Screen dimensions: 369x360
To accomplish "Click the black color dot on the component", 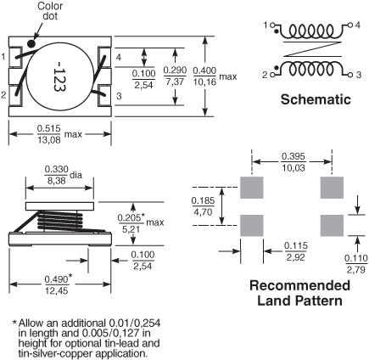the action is click(x=31, y=43).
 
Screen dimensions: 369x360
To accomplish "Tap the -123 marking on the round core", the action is click(x=59, y=76).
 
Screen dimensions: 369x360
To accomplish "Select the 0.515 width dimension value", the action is click(x=49, y=129).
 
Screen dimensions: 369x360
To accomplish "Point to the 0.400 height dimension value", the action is click(x=204, y=70).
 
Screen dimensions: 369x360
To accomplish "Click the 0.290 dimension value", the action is click(x=175, y=70).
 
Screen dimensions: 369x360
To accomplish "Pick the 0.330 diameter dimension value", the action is click(x=57, y=170).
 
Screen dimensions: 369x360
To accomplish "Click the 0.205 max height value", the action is click(x=130, y=217).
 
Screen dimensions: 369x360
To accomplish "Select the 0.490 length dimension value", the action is click(x=57, y=279).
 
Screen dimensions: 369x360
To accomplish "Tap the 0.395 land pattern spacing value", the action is click(x=294, y=156).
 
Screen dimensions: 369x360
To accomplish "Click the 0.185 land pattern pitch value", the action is click(x=203, y=200).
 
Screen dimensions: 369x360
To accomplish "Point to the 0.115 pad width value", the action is click(x=296, y=245).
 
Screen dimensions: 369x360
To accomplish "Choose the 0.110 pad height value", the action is click(x=356, y=258).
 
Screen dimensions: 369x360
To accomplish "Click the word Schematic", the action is click(x=316, y=99).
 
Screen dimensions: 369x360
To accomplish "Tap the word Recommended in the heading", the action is click(x=299, y=285).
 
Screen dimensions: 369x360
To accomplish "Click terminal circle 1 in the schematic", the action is click(x=272, y=25).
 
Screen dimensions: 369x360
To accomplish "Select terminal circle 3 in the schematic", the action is click(x=350, y=75).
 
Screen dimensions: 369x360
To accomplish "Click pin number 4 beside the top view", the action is click(x=119, y=57).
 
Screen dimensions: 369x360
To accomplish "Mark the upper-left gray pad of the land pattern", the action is click(x=252, y=188).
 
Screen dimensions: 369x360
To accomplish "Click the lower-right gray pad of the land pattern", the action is click(x=332, y=226).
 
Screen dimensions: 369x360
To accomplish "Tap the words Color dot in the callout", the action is click(x=50, y=11).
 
